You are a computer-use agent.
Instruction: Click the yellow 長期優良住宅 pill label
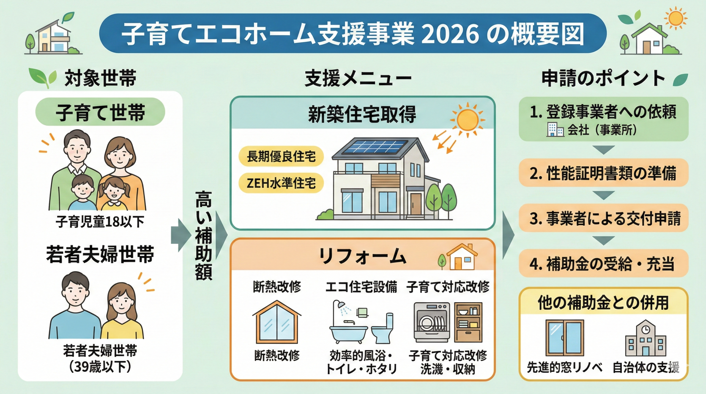pos(281,156)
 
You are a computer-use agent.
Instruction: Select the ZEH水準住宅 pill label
pos(281,183)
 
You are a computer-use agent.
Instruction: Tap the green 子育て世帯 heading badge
pos(100,112)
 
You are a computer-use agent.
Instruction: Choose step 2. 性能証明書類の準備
pos(603,173)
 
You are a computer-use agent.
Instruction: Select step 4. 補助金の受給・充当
pos(603,263)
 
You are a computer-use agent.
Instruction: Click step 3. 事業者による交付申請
pos(603,218)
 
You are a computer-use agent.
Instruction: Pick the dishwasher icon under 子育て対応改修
pos(432,322)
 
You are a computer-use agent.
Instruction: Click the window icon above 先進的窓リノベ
pos(565,338)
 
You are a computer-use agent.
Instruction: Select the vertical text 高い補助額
pos(204,235)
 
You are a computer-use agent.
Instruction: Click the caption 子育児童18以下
pos(100,222)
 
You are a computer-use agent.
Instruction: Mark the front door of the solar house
pos(416,204)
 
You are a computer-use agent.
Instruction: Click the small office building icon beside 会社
pos(555,130)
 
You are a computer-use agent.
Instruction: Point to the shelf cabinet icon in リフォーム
pos(468,322)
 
